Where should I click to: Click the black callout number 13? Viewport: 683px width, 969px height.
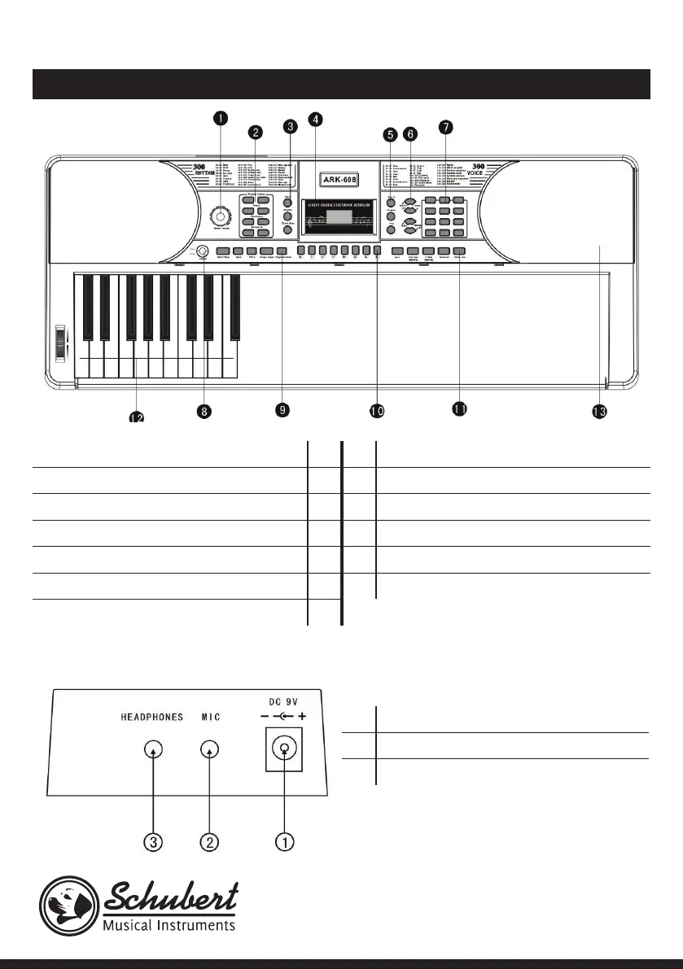click(599, 412)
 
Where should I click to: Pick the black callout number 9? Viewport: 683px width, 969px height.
click(282, 410)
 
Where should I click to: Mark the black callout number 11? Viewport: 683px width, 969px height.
click(459, 409)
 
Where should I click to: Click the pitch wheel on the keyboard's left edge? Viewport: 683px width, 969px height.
click(59, 342)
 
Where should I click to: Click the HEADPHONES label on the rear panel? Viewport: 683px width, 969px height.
click(151, 717)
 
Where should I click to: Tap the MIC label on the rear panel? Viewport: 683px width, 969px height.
click(211, 717)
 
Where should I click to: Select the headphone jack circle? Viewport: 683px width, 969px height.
click(151, 750)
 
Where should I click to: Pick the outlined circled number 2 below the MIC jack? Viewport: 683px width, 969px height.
click(210, 842)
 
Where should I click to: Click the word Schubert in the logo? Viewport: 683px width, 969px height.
click(171, 898)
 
